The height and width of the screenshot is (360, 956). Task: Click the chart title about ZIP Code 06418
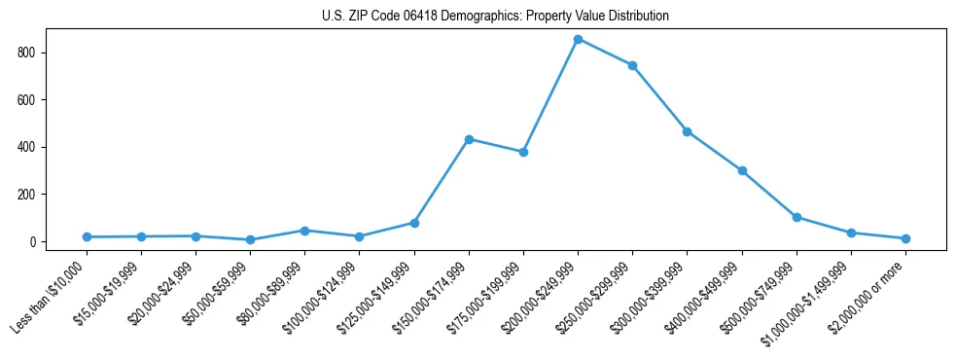[495, 17]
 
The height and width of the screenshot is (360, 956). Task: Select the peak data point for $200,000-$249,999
[578, 39]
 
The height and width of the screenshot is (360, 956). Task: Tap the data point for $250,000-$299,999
[632, 65]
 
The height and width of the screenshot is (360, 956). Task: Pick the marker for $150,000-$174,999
[469, 139]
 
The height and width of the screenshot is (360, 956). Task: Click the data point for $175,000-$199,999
[523, 152]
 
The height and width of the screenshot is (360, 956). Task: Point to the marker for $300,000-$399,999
[687, 131]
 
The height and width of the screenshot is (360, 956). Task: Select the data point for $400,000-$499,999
[742, 170]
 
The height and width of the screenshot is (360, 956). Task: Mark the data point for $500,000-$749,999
[797, 217]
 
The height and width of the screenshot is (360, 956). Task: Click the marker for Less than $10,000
[87, 236]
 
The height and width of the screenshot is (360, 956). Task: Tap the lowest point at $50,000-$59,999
[250, 239]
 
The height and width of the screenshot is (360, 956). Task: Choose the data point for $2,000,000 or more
[905, 238]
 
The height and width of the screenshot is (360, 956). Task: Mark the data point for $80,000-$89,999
[304, 231]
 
